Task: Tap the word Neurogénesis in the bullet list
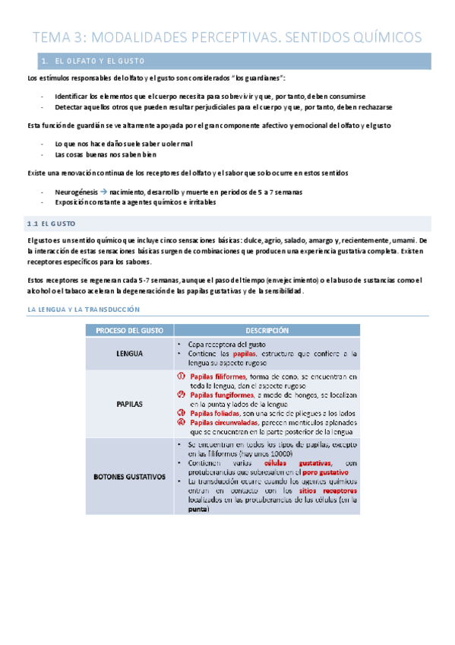pyautogui.click(x=75, y=192)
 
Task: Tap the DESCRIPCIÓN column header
pyautogui.click(x=267, y=331)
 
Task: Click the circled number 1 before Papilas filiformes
pyautogui.click(x=181, y=376)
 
